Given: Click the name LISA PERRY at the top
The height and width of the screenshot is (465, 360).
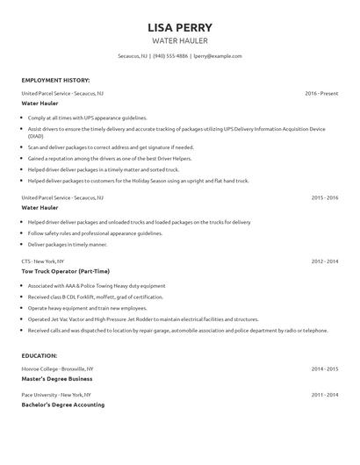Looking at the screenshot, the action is click(x=180, y=27).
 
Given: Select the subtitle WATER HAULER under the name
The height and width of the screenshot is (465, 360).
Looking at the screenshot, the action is click(x=180, y=40).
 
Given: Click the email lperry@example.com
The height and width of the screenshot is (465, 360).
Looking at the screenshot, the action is click(x=217, y=55).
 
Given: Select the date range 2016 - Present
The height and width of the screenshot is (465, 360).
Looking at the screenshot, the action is click(x=321, y=92).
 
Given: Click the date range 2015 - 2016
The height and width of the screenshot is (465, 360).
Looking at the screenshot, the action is click(x=324, y=197).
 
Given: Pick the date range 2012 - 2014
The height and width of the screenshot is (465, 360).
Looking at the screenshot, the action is click(x=324, y=261).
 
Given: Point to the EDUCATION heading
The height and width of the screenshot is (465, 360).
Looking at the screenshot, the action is click(x=40, y=355).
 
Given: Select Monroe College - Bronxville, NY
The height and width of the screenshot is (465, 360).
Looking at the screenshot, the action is click(x=57, y=368).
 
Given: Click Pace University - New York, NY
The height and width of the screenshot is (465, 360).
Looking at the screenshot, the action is click(x=56, y=395).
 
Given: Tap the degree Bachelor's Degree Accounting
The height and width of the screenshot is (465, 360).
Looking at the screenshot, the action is click(x=62, y=404).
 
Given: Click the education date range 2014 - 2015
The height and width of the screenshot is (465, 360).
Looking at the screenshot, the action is click(x=324, y=368).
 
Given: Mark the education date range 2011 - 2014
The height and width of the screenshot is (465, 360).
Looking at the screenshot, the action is click(x=324, y=395).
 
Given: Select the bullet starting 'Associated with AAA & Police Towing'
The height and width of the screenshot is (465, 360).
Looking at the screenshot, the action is click(x=97, y=286).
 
